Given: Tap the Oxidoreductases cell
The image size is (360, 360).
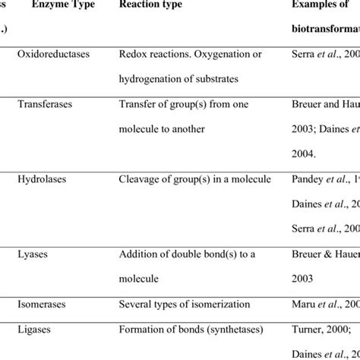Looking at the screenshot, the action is (x=54, y=55).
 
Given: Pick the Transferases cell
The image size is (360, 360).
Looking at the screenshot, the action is (x=45, y=104).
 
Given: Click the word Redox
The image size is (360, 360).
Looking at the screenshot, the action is (x=133, y=55).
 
